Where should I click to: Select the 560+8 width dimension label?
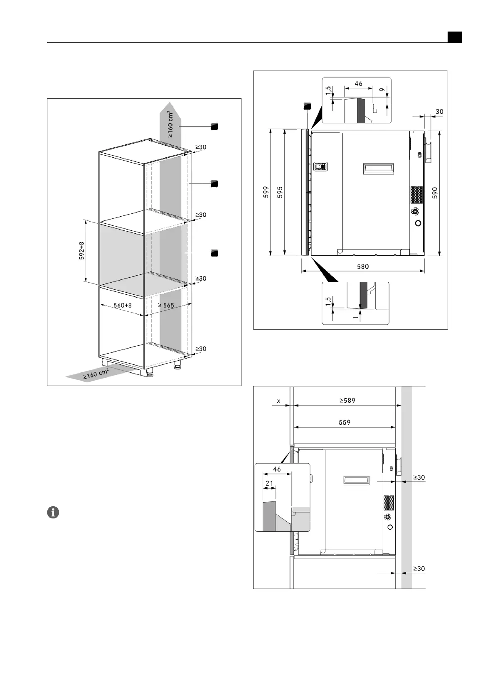122,306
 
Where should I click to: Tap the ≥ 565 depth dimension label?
166,306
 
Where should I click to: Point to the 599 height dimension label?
266,192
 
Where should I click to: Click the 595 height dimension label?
280,192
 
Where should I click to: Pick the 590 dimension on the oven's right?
435,193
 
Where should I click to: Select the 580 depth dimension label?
363,266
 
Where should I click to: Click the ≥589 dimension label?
347,401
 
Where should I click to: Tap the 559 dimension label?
345,423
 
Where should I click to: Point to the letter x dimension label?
279,401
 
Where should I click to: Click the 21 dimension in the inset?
269,483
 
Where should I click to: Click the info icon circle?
53,512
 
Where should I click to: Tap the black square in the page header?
454,37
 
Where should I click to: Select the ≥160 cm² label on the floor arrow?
96,374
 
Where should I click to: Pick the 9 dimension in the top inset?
381,90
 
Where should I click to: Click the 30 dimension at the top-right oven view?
439,111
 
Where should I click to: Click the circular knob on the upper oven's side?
418,223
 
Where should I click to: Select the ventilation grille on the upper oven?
417,195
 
